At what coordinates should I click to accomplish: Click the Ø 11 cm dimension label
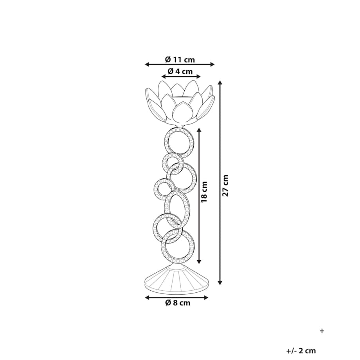180,60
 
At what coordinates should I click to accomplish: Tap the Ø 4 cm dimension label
180,71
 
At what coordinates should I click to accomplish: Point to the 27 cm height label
226,185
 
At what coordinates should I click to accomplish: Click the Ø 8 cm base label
178,302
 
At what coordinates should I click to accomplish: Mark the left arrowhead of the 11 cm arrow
147,65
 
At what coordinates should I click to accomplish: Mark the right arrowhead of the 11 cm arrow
212,65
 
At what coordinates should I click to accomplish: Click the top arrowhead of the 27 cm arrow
220,83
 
